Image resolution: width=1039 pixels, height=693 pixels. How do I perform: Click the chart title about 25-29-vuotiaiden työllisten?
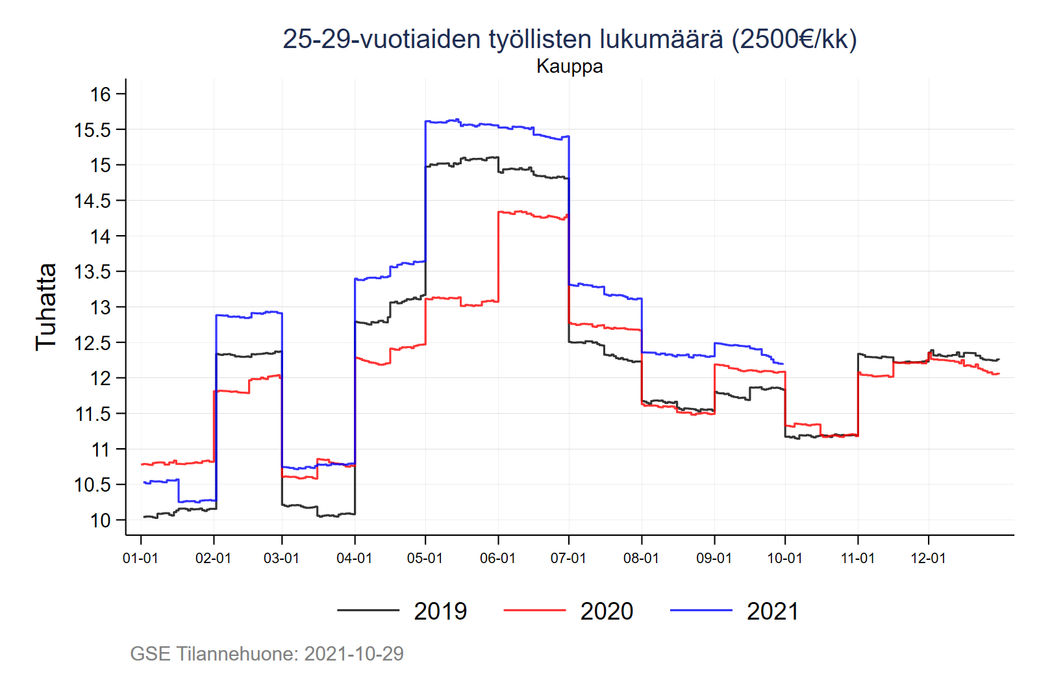point(570,39)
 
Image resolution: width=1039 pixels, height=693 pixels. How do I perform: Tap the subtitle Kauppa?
point(570,66)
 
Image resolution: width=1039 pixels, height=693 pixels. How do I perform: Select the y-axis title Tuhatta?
point(46,307)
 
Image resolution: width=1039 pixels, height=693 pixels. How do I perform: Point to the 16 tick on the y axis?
point(101,94)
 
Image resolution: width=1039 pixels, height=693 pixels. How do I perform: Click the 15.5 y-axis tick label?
point(93,130)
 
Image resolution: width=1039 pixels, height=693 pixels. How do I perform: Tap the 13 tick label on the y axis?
point(101,307)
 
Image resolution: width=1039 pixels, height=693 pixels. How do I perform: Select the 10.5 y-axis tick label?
point(93,485)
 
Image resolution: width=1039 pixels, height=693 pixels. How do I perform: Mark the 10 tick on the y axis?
point(101,520)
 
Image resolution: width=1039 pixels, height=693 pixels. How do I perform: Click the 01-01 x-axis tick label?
point(140,559)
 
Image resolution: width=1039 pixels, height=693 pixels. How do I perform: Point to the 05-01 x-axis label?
point(425,559)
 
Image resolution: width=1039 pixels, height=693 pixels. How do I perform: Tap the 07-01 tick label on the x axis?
point(568,559)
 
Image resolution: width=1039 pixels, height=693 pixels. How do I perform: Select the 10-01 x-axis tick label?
point(784,559)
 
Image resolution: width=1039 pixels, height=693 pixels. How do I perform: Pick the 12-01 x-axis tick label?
point(928,559)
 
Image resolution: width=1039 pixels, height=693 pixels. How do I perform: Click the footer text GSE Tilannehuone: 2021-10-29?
point(267,653)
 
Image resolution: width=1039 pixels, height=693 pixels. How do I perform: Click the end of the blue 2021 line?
point(783,364)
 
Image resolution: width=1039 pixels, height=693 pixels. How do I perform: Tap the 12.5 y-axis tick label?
point(93,343)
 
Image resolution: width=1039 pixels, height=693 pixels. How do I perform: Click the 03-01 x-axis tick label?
point(281,559)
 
